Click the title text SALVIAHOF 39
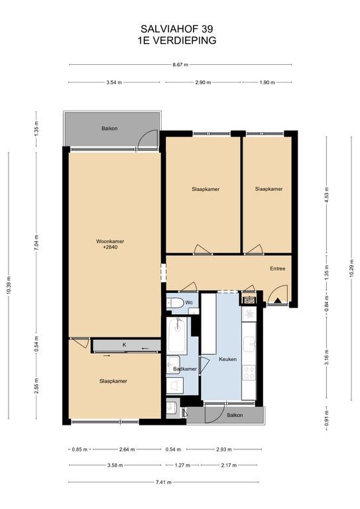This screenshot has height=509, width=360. click(x=177, y=29)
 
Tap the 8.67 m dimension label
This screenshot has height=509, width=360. click(x=180, y=64)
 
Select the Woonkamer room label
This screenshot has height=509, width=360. click(x=110, y=241)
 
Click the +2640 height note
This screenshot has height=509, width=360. click(x=110, y=247)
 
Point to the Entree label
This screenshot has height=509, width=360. click(x=278, y=268)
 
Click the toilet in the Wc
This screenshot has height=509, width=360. click(x=176, y=303)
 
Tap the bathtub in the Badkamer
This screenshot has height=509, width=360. click(x=177, y=336)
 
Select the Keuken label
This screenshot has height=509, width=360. click(x=227, y=359)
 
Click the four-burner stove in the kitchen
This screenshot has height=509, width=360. click(x=249, y=372)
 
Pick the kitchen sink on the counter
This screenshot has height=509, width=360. click(x=249, y=344)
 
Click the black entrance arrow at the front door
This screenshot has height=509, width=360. click(x=278, y=300)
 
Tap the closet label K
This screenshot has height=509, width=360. click(x=125, y=345)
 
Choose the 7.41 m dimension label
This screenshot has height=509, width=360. click(x=164, y=482)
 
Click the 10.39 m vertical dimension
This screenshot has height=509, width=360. click(x=9, y=286)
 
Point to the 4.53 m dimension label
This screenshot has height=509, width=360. click(x=327, y=195)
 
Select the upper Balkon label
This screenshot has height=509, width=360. click(x=109, y=129)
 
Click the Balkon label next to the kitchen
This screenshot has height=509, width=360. click(x=235, y=415)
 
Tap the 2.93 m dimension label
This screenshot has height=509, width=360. click(x=224, y=449)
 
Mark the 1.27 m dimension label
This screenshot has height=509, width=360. click(x=182, y=465)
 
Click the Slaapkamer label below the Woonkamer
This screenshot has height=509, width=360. click(x=113, y=381)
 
